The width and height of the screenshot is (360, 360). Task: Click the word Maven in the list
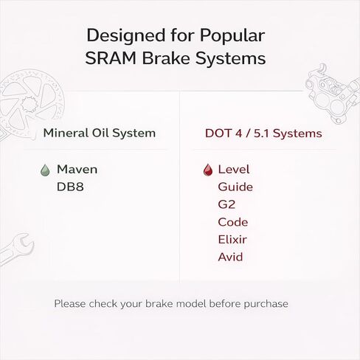(x=77, y=170)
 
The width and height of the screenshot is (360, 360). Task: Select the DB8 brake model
(x=70, y=187)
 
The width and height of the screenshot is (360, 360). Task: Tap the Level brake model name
(x=234, y=170)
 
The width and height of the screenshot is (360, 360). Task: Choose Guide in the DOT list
(x=235, y=187)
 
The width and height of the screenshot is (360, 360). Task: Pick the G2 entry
(x=226, y=204)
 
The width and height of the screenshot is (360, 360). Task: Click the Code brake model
(x=232, y=222)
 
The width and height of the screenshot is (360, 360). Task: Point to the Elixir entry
(x=232, y=240)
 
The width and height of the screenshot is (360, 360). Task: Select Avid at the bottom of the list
(x=230, y=257)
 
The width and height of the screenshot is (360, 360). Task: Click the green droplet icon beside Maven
(x=45, y=170)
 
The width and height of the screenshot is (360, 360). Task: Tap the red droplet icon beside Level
(x=207, y=170)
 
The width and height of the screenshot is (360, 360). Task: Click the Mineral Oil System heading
(x=99, y=134)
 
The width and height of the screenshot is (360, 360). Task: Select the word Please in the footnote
(x=70, y=303)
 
